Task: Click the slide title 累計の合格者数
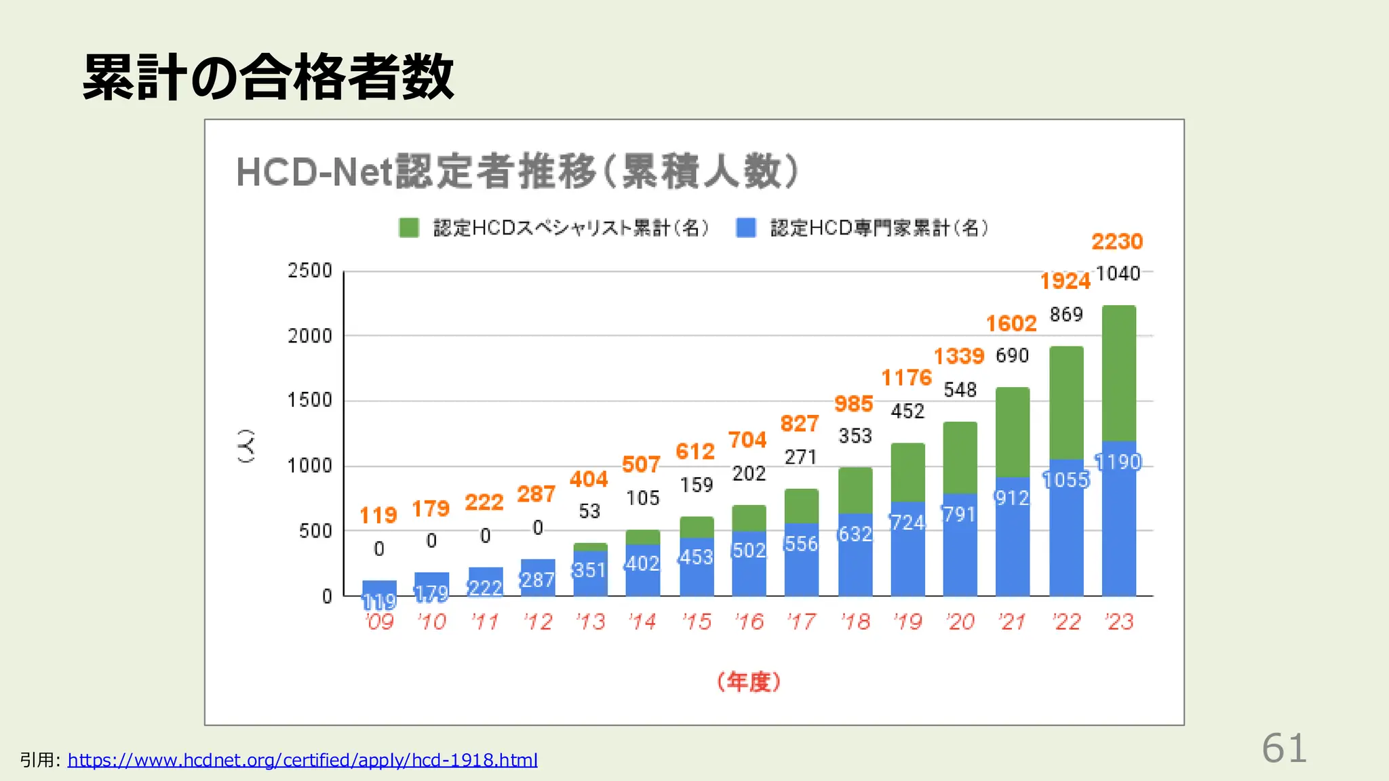tap(268, 77)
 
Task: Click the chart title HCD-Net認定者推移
tap(517, 172)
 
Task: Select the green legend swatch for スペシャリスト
tap(409, 228)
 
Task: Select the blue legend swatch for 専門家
tap(746, 228)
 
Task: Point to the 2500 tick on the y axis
tap(310, 271)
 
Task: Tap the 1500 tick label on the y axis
tap(310, 401)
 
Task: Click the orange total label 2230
tap(1117, 242)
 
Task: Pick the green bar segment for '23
tap(1118, 373)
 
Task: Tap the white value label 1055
tap(1065, 481)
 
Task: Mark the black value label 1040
tap(1118, 274)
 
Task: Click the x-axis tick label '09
tap(379, 622)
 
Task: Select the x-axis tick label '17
tap(802, 622)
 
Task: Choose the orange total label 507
tap(641, 465)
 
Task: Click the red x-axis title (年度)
tap(749, 682)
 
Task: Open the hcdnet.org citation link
tap(302, 760)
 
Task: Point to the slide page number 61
tap(1284, 748)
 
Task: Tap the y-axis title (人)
tap(246, 445)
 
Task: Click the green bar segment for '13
tap(590, 546)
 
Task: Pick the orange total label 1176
tap(906, 378)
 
